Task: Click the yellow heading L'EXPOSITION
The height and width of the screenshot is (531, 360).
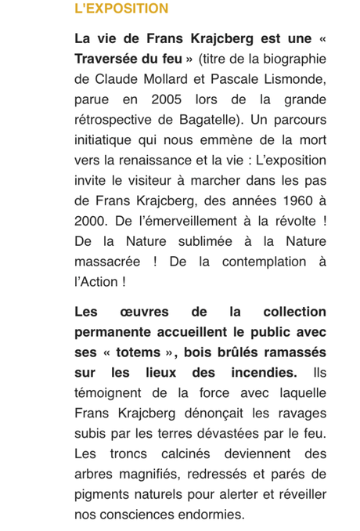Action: [x=121, y=9]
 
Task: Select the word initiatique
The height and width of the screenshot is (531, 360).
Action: [x=110, y=140]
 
